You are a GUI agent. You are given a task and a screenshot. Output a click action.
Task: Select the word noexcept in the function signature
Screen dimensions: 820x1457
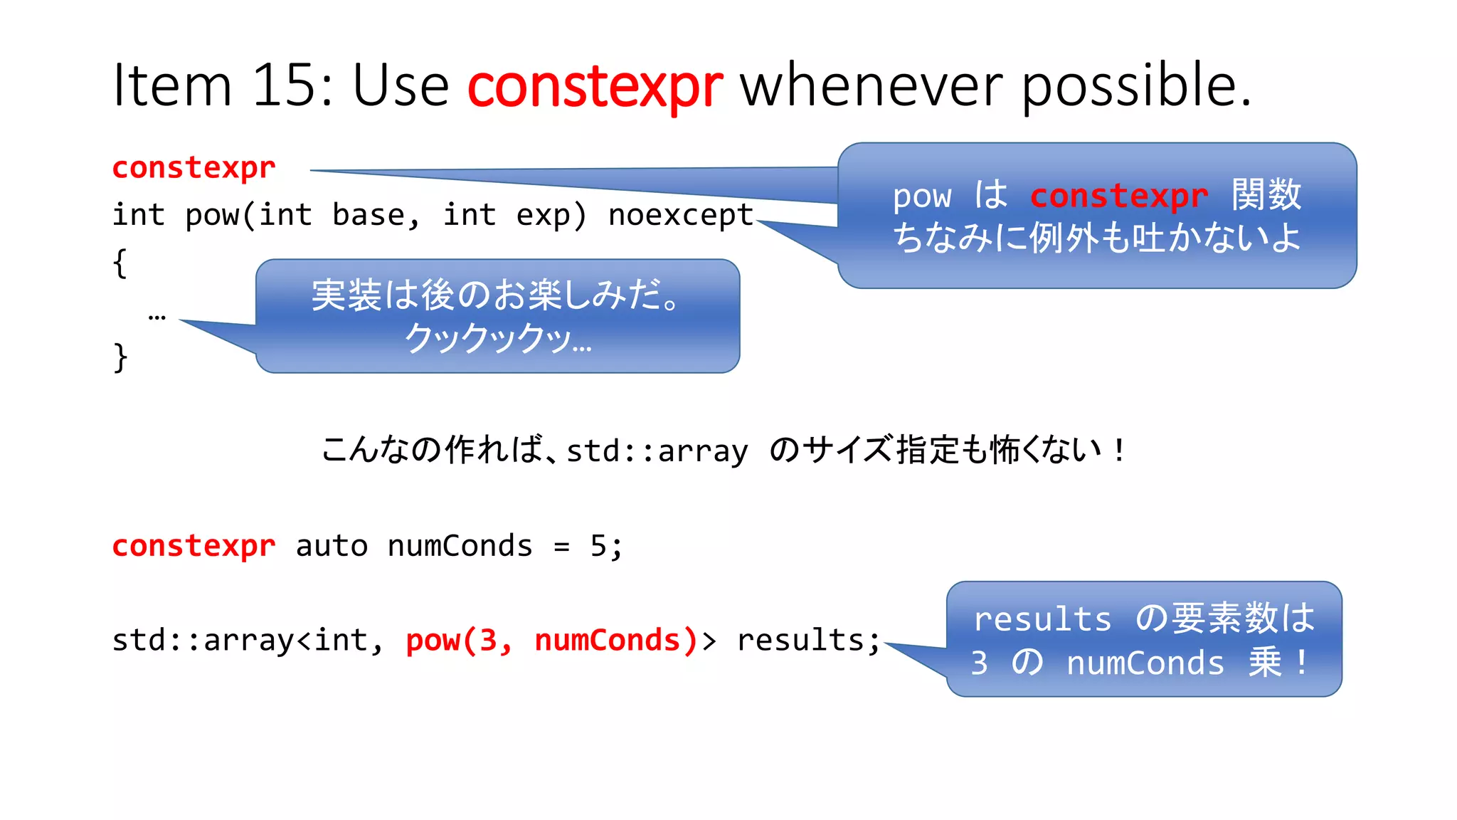[x=680, y=215]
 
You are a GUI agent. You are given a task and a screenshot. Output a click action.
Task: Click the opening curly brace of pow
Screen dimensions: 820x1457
[x=120, y=263]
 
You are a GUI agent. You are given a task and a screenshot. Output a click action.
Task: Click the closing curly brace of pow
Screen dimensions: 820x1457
[x=120, y=357]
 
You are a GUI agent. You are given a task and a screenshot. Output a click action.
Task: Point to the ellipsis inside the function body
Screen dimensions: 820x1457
[x=157, y=316]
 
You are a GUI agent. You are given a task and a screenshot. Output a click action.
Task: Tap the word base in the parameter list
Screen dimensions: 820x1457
[x=369, y=215]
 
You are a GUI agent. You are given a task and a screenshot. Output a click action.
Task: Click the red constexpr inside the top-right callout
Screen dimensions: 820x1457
[x=1118, y=195]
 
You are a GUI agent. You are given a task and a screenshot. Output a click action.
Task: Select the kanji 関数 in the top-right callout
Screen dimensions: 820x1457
[x=1266, y=194]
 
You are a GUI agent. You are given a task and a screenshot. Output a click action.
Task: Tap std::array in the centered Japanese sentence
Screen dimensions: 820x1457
[x=657, y=451]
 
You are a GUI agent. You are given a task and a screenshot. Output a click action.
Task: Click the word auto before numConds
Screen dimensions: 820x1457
[x=332, y=546]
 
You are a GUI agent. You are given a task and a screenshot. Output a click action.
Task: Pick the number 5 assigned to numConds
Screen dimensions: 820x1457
[x=598, y=546]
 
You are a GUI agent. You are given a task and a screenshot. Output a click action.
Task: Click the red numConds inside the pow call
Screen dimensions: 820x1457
[x=607, y=640]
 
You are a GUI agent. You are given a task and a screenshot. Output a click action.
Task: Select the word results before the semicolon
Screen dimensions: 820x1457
[x=800, y=640]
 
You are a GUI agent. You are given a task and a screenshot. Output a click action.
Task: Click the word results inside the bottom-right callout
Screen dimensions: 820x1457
[x=1042, y=619]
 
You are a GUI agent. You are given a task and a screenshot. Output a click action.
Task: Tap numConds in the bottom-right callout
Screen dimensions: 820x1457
[x=1145, y=663]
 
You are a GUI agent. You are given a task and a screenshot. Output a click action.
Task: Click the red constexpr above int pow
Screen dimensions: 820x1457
[x=194, y=168]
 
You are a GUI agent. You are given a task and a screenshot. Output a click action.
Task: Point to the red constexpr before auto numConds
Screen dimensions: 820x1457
[x=194, y=546]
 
